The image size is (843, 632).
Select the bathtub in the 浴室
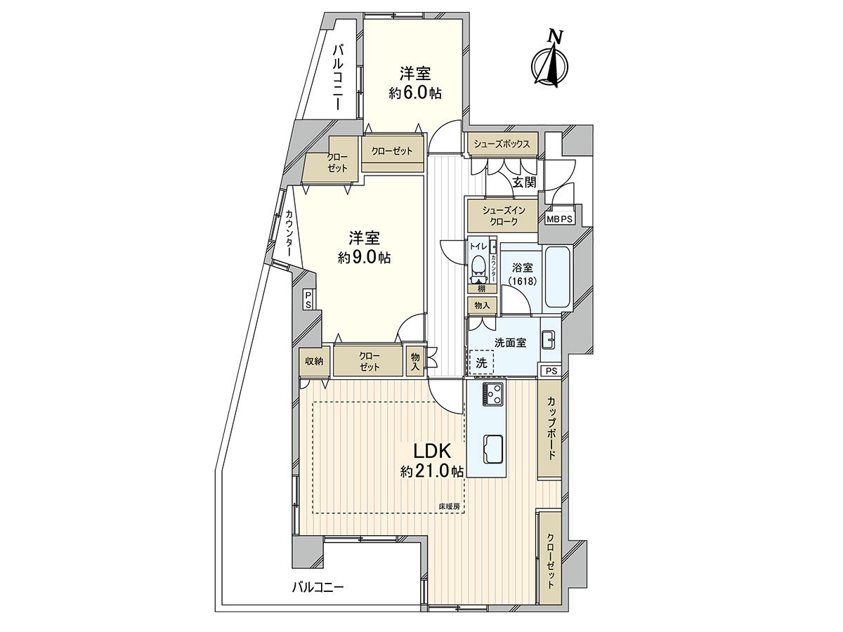pos(556,277)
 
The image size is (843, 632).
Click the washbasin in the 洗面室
pos(549,339)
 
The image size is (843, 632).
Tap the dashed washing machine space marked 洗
pos(481,362)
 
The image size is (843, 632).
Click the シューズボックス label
pos(501,143)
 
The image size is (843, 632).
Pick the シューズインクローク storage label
pos(500,215)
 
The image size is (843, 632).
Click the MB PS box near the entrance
pos(560,218)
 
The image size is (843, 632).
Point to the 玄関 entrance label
pos(523,183)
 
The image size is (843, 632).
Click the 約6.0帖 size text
pos(416,93)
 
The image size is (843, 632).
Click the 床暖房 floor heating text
pos(449,506)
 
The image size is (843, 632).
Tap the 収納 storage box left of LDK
pos(313,361)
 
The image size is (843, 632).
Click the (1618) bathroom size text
pos(523,281)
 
